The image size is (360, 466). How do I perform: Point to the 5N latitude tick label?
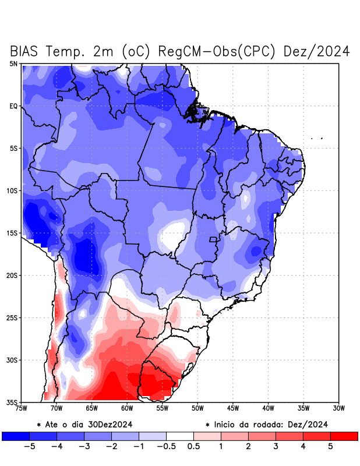(13, 63)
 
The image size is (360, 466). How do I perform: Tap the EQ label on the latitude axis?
(13, 106)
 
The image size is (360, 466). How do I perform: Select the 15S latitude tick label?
(12, 233)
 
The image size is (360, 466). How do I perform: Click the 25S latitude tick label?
(12, 317)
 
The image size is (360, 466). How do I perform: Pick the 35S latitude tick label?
(12, 402)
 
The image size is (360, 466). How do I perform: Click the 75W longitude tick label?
(21, 408)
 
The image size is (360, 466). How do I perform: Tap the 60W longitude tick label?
(127, 408)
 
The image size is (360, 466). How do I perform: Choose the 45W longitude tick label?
(233, 408)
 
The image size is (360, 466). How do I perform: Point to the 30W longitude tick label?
(339, 408)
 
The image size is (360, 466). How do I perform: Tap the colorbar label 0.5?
(193, 447)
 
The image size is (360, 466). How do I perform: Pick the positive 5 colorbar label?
(330, 447)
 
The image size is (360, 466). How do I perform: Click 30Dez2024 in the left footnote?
(115, 425)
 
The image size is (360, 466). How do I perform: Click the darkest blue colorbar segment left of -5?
(15, 436)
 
